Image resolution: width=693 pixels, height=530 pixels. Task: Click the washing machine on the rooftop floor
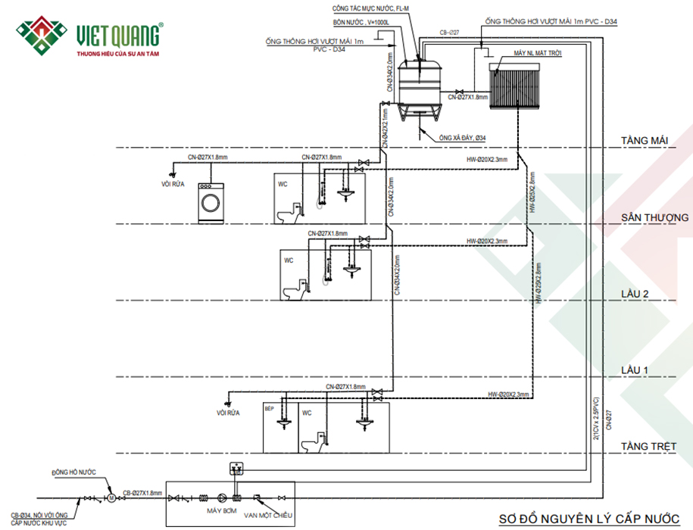[x=212, y=203]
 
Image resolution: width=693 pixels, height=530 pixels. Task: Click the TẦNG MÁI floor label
[x=644, y=141]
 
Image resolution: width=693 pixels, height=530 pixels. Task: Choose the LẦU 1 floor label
[x=636, y=370]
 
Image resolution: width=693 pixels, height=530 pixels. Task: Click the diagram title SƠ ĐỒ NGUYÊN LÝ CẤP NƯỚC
[x=588, y=519]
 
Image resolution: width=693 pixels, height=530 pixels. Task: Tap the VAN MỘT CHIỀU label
[x=267, y=515]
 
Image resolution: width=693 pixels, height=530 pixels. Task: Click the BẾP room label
[x=269, y=407]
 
